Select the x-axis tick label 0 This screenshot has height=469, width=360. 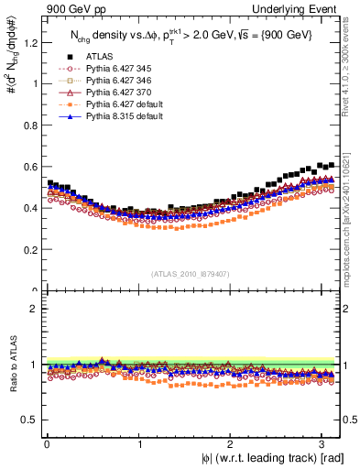[45, 444]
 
